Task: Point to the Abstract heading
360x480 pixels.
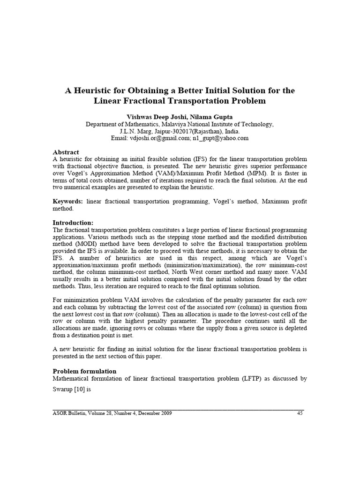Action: [x=66, y=152]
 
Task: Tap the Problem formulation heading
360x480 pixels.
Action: [x=84, y=371]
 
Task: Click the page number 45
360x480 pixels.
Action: [x=301, y=413]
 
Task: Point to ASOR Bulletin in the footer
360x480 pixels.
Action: [x=68, y=413]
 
